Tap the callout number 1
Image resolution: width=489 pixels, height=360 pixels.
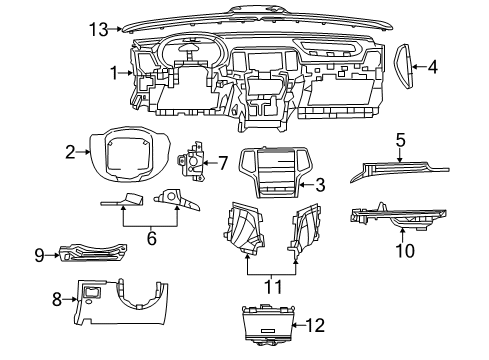click(x=116, y=71)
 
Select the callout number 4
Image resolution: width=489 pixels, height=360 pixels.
click(x=433, y=68)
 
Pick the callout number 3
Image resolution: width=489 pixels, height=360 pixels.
click(x=320, y=184)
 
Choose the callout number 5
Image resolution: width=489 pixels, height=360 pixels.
click(x=399, y=140)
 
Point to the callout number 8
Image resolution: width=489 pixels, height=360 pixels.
click(x=57, y=297)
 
